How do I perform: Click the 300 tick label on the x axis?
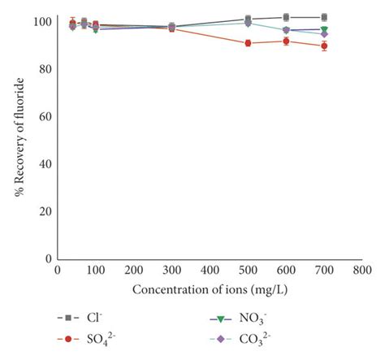(x=171, y=269)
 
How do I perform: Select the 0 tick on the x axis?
(x=57, y=269)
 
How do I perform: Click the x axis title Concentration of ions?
(x=209, y=288)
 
